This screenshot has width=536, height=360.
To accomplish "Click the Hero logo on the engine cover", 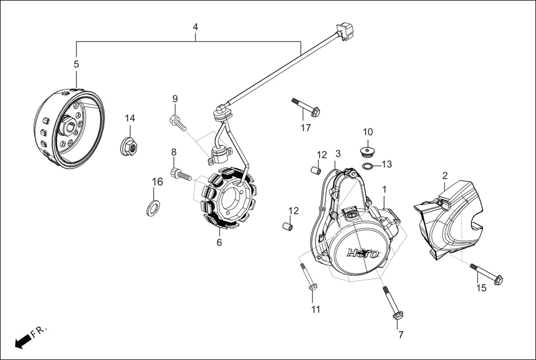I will click(x=363, y=253).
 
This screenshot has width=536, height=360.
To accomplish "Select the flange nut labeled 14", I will click(x=128, y=147).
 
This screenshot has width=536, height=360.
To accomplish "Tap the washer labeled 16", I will click(x=152, y=208).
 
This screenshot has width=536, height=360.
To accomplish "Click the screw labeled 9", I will click(x=177, y=122).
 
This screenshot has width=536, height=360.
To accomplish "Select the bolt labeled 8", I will click(x=181, y=175).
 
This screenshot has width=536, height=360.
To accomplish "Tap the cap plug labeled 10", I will click(x=367, y=152).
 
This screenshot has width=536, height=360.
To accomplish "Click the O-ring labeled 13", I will click(x=367, y=166).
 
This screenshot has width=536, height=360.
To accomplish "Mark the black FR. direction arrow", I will click(x=22, y=341).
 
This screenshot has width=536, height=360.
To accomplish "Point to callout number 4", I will click(x=195, y=27).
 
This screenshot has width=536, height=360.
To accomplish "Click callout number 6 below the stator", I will click(x=219, y=243).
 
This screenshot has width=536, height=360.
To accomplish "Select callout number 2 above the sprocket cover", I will click(x=445, y=175).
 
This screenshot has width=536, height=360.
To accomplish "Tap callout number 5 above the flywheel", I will click(x=76, y=64).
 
